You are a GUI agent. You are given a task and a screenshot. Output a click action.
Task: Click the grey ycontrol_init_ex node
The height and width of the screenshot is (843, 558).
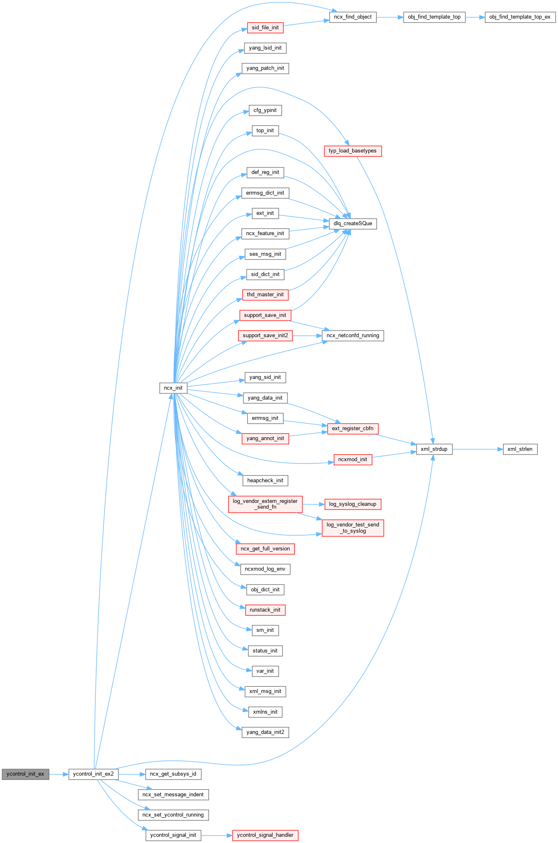pyautogui.click(x=25, y=774)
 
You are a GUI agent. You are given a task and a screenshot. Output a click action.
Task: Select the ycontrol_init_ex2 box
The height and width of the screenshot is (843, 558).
pyautogui.click(x=93, y=774)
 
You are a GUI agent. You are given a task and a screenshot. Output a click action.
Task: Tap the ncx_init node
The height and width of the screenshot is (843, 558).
pyautogui.click(x=173, y=388)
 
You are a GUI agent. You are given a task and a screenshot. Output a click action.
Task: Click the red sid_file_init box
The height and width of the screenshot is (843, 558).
pyautogui.click(x=265, y=28)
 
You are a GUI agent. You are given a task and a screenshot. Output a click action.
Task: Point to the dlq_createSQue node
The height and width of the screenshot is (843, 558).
pyautogui.click(x=353, y=224)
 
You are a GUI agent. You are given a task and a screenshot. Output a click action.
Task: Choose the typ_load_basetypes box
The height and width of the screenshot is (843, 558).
pyautogui.click(x=353, y=151)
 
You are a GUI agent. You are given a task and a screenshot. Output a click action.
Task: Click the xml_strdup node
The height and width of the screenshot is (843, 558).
pyautogui.click(x=434, y=449)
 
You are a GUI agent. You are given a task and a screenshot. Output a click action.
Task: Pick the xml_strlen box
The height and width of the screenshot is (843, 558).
pyautogui.click(x=520, y=449)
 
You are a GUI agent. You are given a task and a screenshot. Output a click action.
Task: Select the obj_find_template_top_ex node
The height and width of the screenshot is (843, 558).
pyautogui.click(x=520, y=17)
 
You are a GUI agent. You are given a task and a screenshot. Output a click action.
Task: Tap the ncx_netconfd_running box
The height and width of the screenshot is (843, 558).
pyautogui.click(x=353, y=336)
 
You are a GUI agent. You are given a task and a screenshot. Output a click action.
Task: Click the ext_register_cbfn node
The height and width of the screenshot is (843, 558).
pyautogui.click(x=353, y=429)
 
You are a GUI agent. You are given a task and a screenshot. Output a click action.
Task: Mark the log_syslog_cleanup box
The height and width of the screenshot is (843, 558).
pyautogui.click(x=353, y=504)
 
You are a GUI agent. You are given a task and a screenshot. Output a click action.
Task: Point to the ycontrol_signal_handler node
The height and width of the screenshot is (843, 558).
pyautogui.click(x=265, y=835)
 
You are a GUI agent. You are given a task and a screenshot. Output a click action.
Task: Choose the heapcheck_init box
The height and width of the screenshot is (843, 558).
pyautogui.click(x=265, y=481)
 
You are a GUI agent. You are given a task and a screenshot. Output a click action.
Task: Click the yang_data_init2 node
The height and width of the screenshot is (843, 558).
pyautogui.click(x=265, y=732)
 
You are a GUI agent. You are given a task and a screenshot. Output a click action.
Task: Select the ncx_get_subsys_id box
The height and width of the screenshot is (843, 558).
pyautogui.click(x=173, y=774)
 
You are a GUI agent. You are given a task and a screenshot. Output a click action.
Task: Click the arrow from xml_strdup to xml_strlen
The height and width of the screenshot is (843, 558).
pyautogui.click(x=477, y=449)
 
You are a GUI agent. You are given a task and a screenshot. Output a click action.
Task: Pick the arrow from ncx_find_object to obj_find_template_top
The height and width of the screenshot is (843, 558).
pyautogui.click(x=389, y=17)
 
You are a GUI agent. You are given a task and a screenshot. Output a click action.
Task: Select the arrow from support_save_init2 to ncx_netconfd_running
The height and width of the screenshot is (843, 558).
pyautogui.click(x=307, y=336)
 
